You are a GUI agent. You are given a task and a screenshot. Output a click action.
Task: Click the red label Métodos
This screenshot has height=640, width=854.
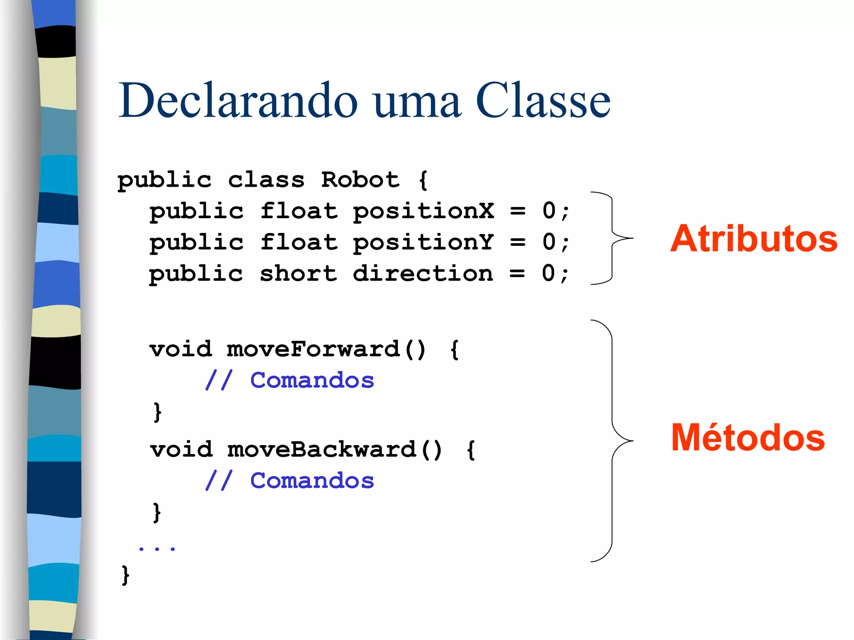point(748,437)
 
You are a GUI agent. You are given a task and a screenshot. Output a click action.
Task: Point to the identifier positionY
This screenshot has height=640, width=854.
point(423,243)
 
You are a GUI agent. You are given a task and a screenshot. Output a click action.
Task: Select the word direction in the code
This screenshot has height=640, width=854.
point(422,274)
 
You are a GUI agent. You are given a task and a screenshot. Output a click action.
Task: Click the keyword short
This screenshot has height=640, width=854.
point(298,274)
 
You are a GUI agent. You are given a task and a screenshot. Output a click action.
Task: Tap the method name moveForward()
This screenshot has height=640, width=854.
point(326,349)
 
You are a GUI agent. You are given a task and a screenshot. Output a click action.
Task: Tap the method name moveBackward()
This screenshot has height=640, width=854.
point(334,450)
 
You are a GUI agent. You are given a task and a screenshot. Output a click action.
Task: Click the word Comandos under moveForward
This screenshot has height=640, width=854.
point(312,380)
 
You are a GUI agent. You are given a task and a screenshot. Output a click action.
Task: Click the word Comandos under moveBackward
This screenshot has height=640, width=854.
point(312,481)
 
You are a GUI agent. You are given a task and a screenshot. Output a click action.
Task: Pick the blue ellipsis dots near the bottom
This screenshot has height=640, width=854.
point(157,548)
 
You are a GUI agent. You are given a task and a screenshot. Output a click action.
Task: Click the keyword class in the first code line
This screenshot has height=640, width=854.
point(266,180)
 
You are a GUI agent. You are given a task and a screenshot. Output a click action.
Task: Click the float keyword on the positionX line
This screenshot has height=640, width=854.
point(299,211)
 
